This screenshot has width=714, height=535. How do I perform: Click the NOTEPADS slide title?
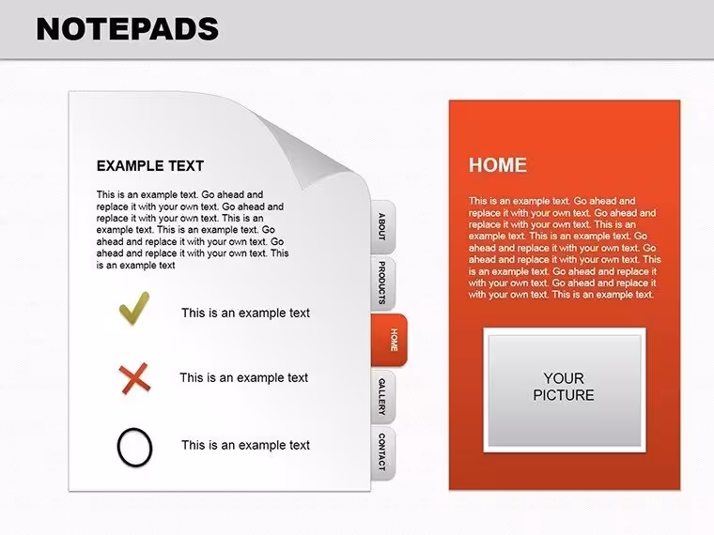pos(128,29)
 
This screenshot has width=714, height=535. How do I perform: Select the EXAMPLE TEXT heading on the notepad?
pos(150,166)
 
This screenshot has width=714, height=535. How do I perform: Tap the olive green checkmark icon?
pos(133,308)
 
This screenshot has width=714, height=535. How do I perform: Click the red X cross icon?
pos(134,378)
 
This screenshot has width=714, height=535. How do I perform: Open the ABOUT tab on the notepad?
pos(382,227)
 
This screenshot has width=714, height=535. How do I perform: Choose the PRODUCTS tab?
pos(382,283)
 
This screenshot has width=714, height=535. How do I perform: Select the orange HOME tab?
pos(389,340)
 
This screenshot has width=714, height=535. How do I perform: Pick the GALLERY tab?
pos(382,397)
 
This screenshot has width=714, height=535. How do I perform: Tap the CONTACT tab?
pos(382,452)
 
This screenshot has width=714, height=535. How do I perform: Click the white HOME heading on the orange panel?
pos(498,164)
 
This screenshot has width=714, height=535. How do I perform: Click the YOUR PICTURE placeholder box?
pos(565,390)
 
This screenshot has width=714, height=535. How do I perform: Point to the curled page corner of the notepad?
pos(314,150)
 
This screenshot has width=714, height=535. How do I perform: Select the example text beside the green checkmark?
pos(245,313)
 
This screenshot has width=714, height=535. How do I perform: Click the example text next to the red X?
pos(243,377)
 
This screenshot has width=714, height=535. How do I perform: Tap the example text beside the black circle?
pos(245,445)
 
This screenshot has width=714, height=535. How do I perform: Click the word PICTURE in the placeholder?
pos(564,395)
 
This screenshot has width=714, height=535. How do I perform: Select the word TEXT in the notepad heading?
pos(186,166)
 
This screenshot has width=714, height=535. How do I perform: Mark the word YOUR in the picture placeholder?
pos(564,378)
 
